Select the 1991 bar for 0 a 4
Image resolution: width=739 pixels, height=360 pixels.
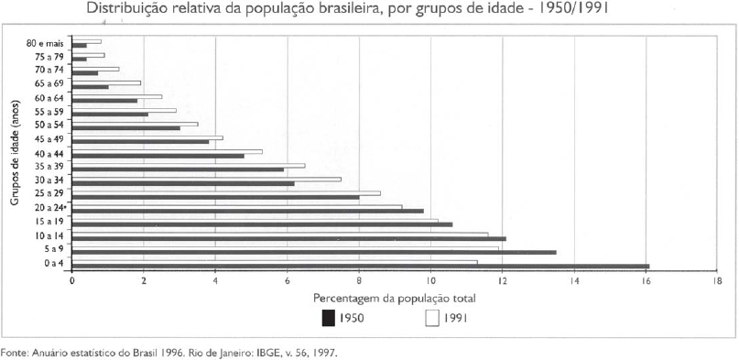click(x=274, y=262)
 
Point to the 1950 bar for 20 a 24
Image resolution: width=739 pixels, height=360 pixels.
click(x=247, y=211)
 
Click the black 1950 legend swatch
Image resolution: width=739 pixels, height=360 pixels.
click(x=328, y=318)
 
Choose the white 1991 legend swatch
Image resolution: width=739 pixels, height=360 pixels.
click(x=432, y=318)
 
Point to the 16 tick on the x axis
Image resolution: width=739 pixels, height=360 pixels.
click(x=646, y=281)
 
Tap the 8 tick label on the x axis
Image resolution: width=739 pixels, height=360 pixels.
click(x=359, y=281)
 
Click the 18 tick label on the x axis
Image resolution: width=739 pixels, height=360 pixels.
click(x=717, y=281)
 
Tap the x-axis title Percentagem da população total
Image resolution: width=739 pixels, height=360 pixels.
click(x=394, y=299)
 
